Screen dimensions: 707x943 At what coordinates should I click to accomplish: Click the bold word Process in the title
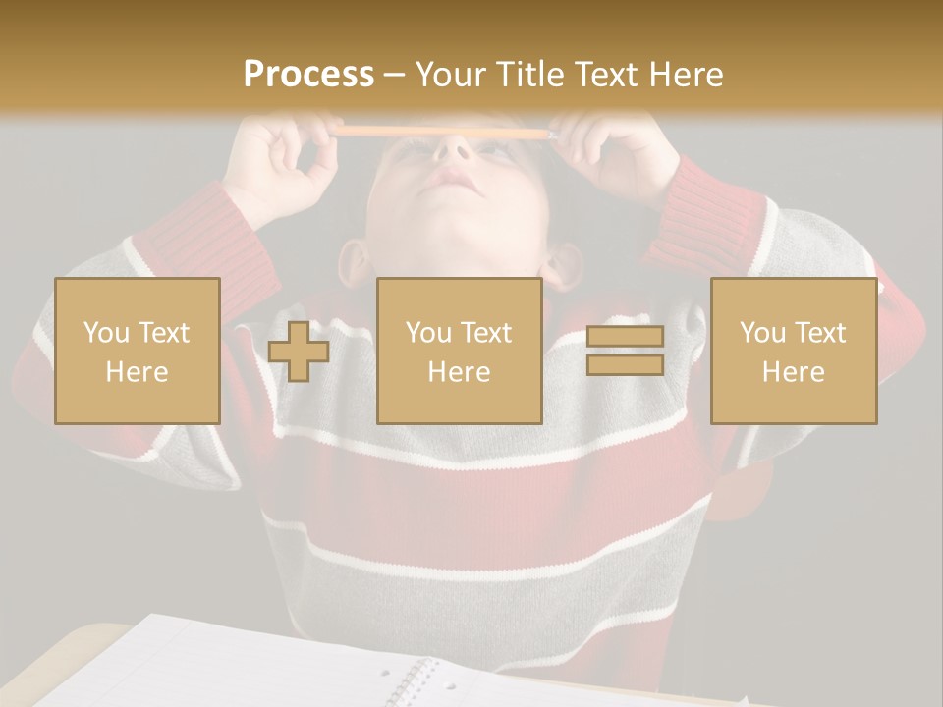click(308, 75)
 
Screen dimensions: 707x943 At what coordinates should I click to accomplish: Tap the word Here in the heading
click(685, 75)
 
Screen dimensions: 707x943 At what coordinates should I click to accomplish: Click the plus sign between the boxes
click(299, 352)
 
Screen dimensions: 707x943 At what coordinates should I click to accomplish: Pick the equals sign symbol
click(625, 351)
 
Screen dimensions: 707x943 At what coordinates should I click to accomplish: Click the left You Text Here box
click(138, 352)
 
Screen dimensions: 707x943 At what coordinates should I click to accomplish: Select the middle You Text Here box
click(460, 352)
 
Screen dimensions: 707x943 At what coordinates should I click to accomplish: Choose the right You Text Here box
click(794, 352)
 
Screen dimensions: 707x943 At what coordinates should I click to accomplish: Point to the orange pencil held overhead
click(442, 131)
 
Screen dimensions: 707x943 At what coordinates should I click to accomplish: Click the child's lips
click(454, 180)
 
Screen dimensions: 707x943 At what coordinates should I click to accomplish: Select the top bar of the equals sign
click(625, 337)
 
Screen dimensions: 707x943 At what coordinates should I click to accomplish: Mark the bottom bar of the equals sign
click(625, 364)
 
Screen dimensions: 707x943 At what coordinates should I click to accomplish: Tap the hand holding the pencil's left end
click(285, 157)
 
